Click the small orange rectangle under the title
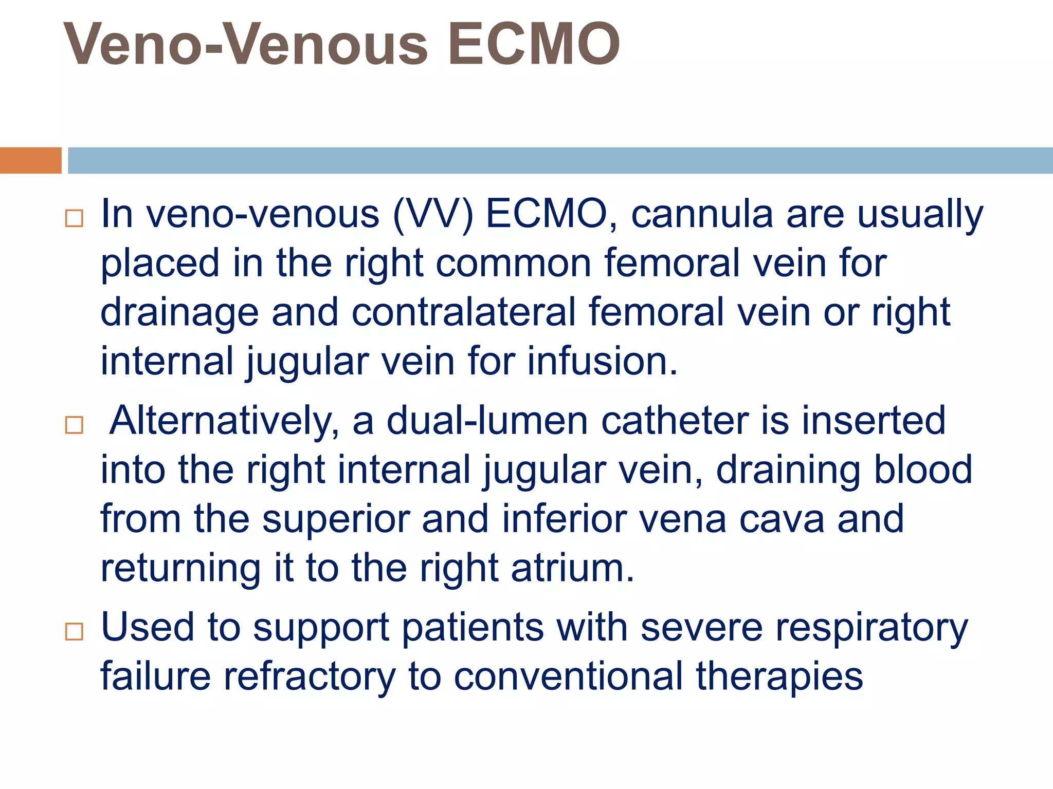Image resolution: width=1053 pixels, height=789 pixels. coord(30,160)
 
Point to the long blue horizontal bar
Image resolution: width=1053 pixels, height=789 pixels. coord(560,160)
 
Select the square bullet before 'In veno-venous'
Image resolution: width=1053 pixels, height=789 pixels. coord(74,218)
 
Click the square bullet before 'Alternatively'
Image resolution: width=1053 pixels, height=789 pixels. coord(74,425)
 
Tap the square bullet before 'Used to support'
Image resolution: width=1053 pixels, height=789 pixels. coord(74,631)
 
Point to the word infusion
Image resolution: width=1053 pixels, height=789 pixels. coord(602,361)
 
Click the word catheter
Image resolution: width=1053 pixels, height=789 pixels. coord(675,421)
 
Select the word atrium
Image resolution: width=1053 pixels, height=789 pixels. coord(573,568)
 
